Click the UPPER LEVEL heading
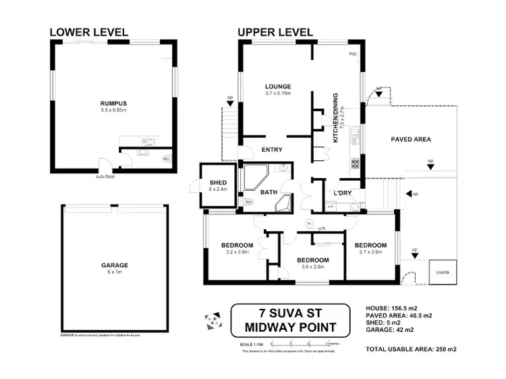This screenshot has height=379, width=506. [x=275, y=32]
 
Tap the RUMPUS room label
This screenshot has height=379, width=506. [x=113, y=103]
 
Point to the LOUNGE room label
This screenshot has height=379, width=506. [x=277, y=86]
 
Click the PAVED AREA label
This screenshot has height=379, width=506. [x=411, y=140]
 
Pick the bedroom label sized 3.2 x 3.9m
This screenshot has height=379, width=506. [x=237, y=245]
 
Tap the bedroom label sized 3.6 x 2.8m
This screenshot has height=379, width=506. [x=313, y=260]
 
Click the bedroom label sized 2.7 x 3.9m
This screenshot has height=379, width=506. [x=370, y=245]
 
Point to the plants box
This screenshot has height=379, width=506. [x=444, y=272]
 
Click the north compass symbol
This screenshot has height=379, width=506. [x=213, y=317]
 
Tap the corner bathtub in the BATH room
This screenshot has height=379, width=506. [x=256, y=177]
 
